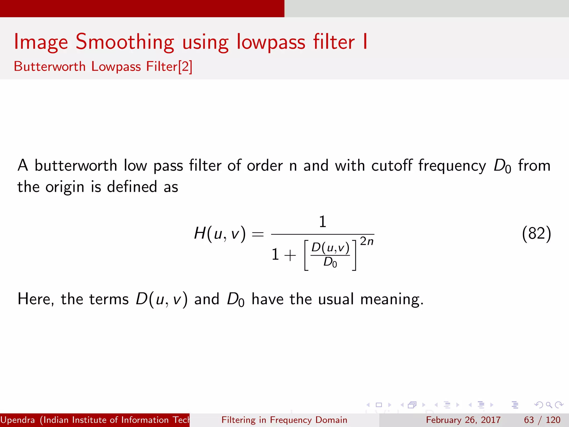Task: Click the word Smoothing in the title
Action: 125,42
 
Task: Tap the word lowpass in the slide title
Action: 271,42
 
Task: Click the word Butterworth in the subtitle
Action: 50,67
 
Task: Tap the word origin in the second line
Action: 65,187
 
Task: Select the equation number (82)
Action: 536,234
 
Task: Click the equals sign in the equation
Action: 258,234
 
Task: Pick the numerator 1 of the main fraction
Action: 322,222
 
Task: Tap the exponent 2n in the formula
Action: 367,241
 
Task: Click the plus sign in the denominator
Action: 290,255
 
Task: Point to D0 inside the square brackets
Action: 330,262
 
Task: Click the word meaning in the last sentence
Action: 392,299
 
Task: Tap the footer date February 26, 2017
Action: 463,420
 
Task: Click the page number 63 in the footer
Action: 529,420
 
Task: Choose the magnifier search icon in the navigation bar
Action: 549,405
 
